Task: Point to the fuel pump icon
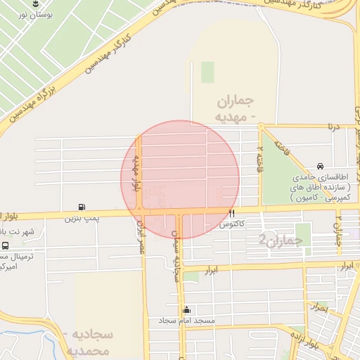(83, 207)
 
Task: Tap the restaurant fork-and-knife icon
(231, 213)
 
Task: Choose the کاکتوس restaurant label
(231, 224)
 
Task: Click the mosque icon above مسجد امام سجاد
(186, 309)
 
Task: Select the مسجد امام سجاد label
(186, 321)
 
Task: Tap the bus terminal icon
(6, 246)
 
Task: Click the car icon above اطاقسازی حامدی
(321, 167)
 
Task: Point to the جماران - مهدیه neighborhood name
(236, 108)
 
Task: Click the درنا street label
(331, 127)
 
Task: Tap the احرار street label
(319, 307)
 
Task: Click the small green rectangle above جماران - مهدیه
(207, 72)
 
